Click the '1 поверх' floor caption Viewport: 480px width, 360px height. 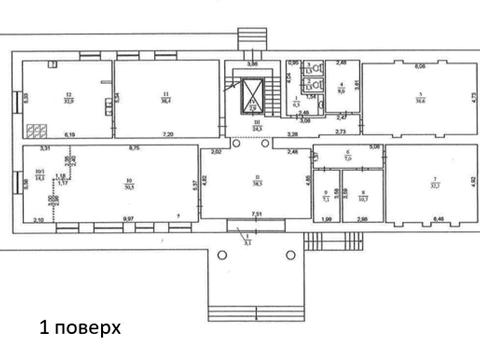click(79, 327)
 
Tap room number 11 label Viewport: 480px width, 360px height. click(164, 95)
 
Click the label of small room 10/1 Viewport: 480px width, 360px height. click(40, 175)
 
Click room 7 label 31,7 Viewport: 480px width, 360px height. click(435, 180)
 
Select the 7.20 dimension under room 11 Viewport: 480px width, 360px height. click(169, 134)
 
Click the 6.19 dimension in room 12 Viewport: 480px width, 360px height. click(70, 134)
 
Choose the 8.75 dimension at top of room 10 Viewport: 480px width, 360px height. click(134, 149)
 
